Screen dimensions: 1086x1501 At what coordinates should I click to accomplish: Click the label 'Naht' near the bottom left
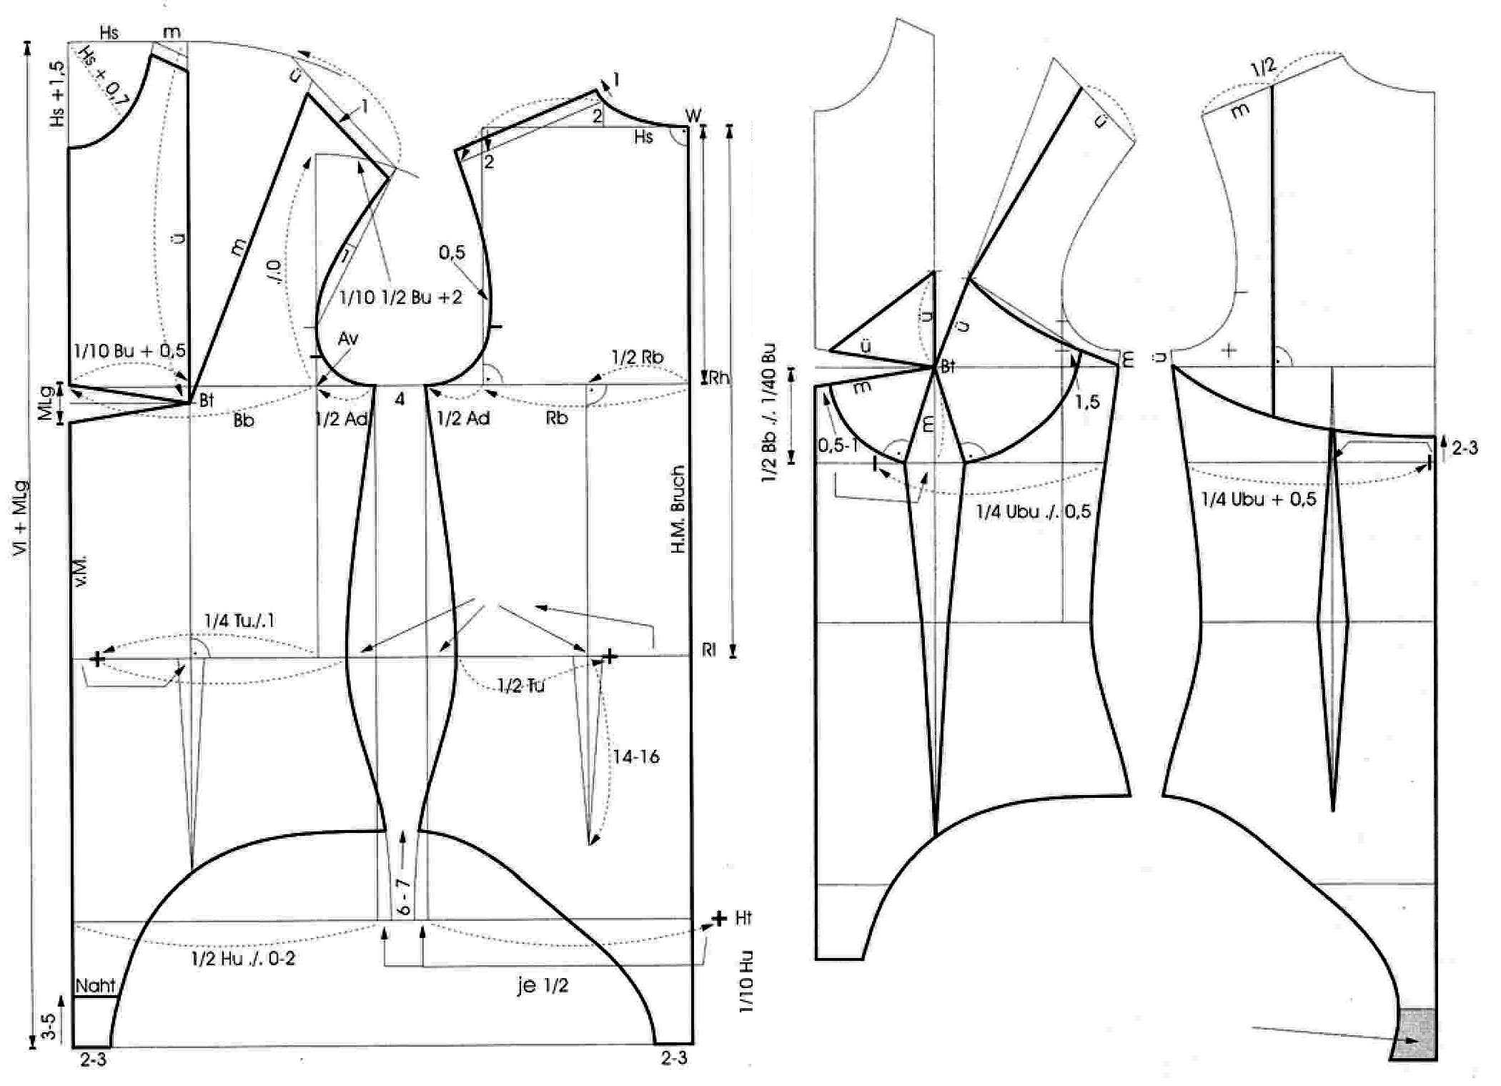(95, 985)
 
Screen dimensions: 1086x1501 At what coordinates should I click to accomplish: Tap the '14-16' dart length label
(635, 756)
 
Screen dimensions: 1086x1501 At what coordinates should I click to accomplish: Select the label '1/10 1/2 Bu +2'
(400, 297)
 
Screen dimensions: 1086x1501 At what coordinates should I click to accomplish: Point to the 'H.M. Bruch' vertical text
(678, 509)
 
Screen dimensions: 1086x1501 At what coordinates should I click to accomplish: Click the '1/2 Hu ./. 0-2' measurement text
(243, 959)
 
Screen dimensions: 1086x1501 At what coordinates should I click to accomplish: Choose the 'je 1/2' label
(543, 985)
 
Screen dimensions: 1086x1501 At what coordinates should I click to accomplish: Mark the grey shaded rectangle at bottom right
(1415, 1033)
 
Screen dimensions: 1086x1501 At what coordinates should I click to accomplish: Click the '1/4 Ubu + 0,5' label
(1258, 499)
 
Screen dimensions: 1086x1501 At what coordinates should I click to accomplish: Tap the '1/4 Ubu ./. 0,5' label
(1033, 511)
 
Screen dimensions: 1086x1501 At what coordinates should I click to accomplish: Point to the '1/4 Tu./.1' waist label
(239, 621)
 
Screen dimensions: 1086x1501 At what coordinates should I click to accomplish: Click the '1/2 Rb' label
(638, 357)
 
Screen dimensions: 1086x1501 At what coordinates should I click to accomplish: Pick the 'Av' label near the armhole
(348, 338)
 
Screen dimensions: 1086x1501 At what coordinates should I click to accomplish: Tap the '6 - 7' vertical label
(405, 897)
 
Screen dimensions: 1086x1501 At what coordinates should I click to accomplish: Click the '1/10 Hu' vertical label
(746, 981)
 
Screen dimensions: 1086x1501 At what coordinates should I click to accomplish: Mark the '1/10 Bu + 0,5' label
(129, 350)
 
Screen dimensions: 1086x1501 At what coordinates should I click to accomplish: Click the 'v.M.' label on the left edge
(81, 570)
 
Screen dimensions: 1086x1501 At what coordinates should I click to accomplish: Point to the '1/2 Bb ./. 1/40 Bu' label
(769, 413)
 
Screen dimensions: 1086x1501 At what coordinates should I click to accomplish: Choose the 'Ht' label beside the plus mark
(743, 918)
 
